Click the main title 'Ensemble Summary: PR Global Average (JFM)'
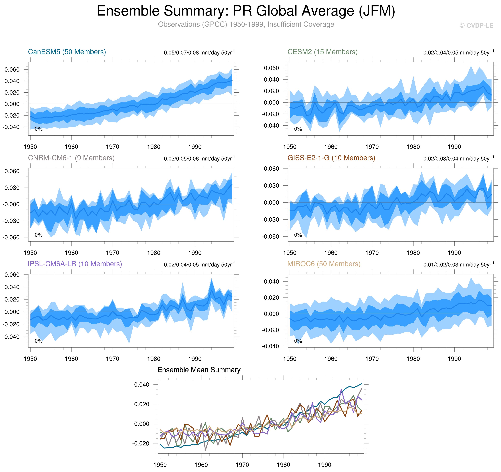(x=246, y=11)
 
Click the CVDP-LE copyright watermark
(x=476, y=26)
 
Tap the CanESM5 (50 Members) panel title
(x=67, y=52)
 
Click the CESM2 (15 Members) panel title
(x=322, y=52)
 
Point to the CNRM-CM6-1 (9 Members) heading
(x=71, y=158)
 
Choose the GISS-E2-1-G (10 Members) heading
(x=331, y=158)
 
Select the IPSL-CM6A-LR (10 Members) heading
(x=75, y=264)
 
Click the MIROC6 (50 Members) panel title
(x=324, y=264)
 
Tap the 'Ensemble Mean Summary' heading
(x=199, y=370)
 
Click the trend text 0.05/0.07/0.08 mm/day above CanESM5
(x=199, y=53)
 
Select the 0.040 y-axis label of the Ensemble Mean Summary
(x=142, y=385)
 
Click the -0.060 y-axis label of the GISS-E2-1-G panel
(x=270, y=237)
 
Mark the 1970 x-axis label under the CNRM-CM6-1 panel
(x=112, y=253)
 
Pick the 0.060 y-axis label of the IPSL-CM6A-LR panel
(x=12, y=275)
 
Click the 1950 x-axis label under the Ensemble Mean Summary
(x=160, y=465)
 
